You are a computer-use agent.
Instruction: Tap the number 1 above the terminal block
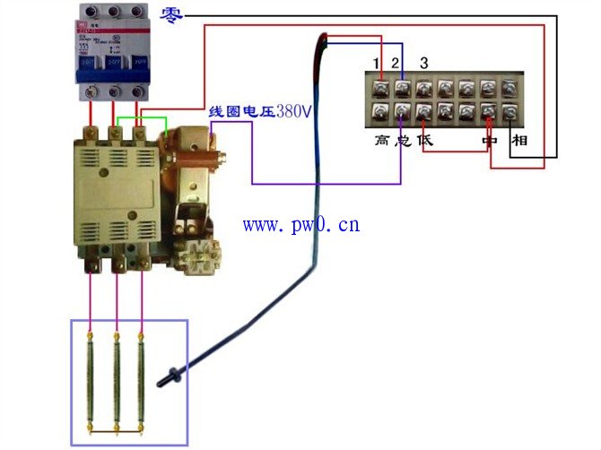tap(379, 62)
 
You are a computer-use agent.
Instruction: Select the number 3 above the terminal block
tap(423, 62)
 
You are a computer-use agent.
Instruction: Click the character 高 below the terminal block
tap(382, 141)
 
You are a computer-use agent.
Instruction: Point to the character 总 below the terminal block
tap(402, 141)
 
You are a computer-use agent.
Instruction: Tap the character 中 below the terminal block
tap(489, 141)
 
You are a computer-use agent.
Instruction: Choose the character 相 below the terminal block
tap(518, 141)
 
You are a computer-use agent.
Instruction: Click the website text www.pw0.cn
tap(300, 224)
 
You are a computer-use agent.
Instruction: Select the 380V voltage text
tap(293, 112)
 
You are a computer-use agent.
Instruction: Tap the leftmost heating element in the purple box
tap(91, 380)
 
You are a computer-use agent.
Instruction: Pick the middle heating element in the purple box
tap(116, 380)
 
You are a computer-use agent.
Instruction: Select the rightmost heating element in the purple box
tap(141, 380)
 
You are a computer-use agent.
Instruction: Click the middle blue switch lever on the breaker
tap(113, 64)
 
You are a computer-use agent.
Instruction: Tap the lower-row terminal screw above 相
tap(510, 112)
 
